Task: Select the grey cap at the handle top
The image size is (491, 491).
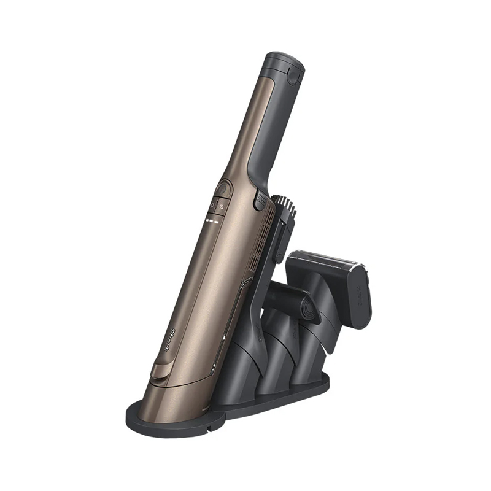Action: click(285, 68)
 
